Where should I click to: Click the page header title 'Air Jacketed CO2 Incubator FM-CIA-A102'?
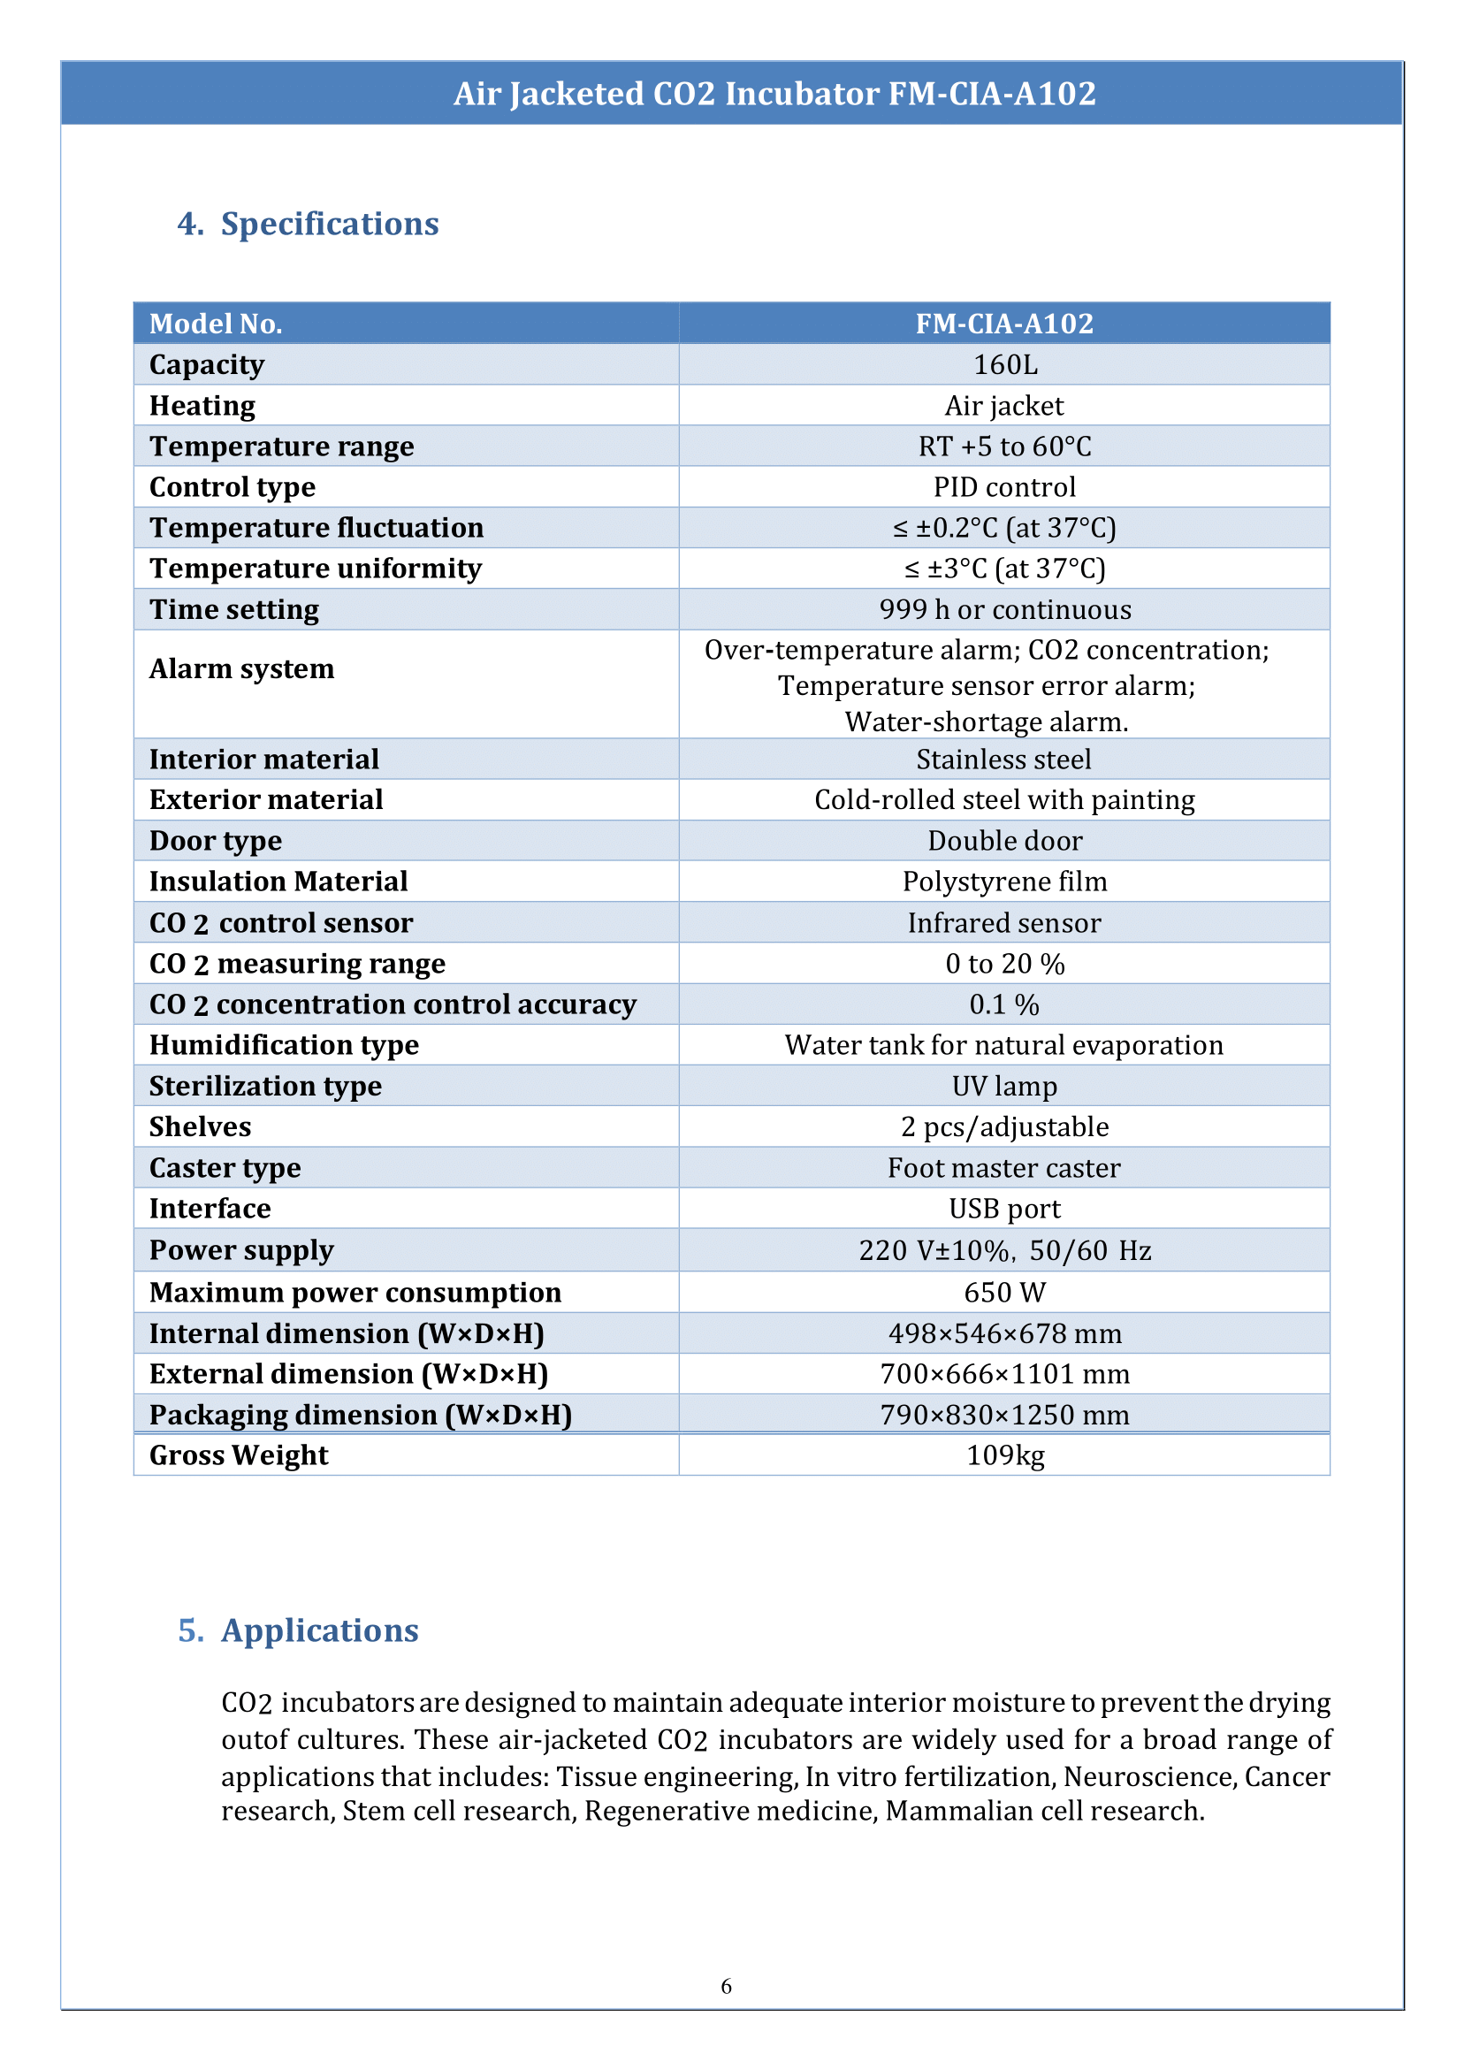click(x=774, y=94)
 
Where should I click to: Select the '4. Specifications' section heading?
click(x=308, y=224)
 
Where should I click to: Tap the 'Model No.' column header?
click(x=216, y=324)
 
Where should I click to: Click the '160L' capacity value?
click(x=1004, y=364)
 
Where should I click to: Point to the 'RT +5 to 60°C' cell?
click(x=1004, y=447)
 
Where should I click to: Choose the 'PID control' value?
click(x=1004, y=487)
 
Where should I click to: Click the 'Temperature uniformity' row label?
click(x=316, y=569)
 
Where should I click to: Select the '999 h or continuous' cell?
click(x=1004, y=609)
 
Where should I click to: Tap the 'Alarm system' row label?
click(x=241, y=669)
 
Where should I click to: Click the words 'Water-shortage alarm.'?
click(x=987, y=722)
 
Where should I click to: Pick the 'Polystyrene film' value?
click(x=1004, y=882)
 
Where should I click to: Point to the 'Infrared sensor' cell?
click(x=1004, y=923)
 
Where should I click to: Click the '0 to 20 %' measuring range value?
click(x=1004, y=964)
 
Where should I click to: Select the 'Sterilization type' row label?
click(x=265, y=1087)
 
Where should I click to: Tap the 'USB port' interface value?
click(x=1004, y=1209)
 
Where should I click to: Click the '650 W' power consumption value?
click(x=1004, y=1293)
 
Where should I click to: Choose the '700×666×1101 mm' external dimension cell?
click(x=1004, y=1374)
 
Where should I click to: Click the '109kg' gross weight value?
click(x=1004, y=1455)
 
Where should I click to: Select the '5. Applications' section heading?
click(x=299, y=1630)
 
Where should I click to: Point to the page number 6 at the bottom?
click(x=727, y=1986)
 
